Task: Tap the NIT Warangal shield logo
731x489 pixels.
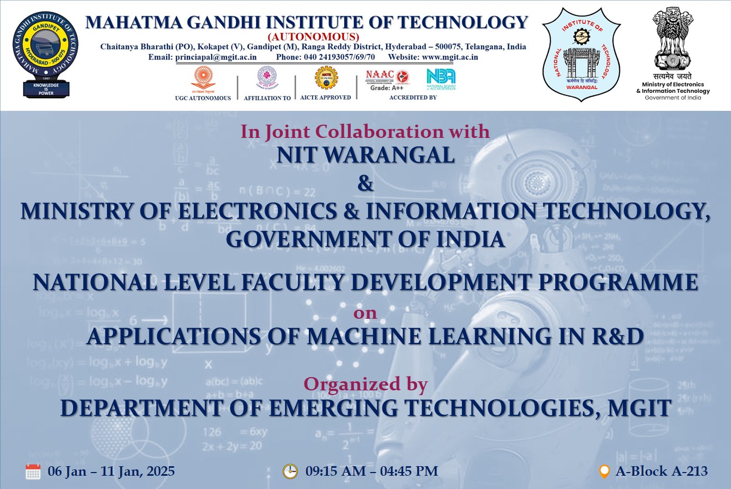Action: pos(581,55)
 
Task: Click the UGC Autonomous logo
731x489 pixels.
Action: pos(203,78)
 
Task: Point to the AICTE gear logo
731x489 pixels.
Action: pos(326,78)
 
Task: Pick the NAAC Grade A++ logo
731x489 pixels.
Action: pos(387,79)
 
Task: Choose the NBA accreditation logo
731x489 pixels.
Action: pos(441,79)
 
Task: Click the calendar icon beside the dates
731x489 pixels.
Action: pos(33,471)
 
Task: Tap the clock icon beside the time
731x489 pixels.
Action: pos(290,471)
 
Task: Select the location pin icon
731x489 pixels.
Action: pos(604,471)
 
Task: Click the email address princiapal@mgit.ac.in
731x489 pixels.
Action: pos(216,57)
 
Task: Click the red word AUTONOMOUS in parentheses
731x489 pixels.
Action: pos(314,37)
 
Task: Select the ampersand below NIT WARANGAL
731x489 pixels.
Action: pos(365,184)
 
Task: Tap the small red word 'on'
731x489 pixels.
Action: pos(365,313)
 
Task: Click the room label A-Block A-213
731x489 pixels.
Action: pos(661,471)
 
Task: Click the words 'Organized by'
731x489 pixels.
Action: pos(365,383)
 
